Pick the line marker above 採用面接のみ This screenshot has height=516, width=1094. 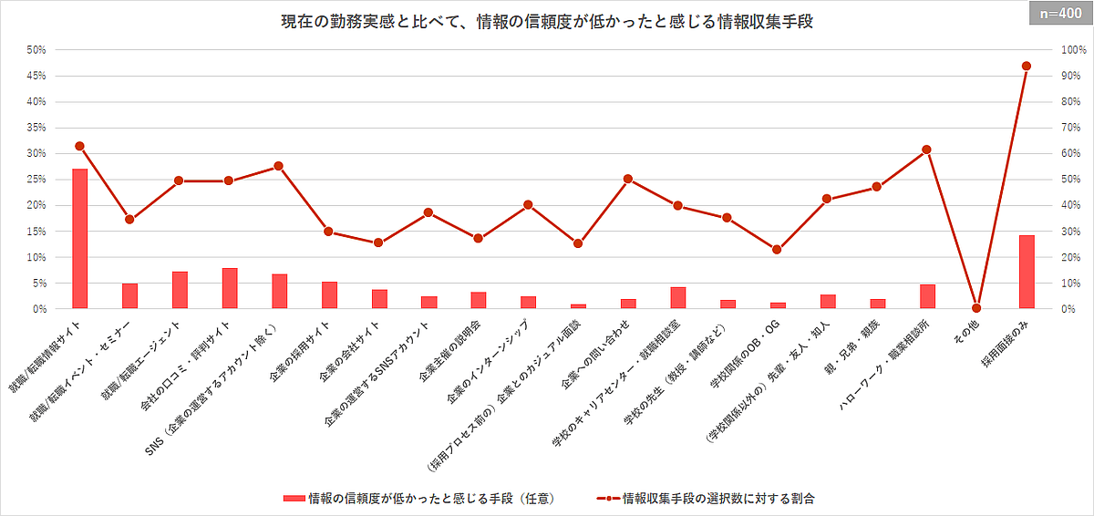point(1027,66)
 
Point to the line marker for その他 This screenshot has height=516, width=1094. point(976,308)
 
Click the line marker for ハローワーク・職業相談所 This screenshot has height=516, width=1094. point(926,150)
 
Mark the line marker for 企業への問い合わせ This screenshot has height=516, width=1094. point(627,179)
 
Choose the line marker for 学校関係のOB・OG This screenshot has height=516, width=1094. point(777,249)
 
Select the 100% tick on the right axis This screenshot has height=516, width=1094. point(1066,50)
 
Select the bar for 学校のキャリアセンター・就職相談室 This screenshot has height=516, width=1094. point(677,297)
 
